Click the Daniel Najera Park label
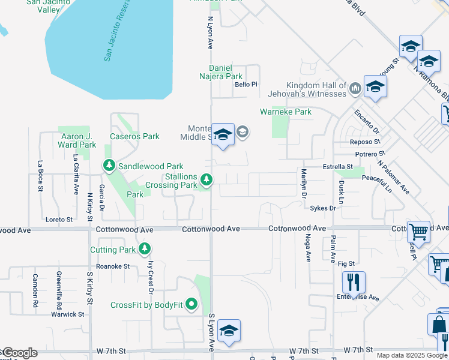click(x=221, y=72)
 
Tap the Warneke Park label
click(x=286, y=112)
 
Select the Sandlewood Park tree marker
click(x=109, y=165)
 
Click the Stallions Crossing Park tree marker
click(x=206, y=179)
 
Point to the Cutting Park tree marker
click(x=144, y=248)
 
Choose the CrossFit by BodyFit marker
click(x=192, y=304)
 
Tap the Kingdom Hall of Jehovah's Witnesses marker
click(x=355, y=89)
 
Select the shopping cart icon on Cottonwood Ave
click(x=418, y=231)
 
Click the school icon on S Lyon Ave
click(x=229, y=331)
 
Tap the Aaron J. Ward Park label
click(x=77, y=140)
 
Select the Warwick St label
click(x=68, y=314)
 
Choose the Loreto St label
click(x=59, y=220)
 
